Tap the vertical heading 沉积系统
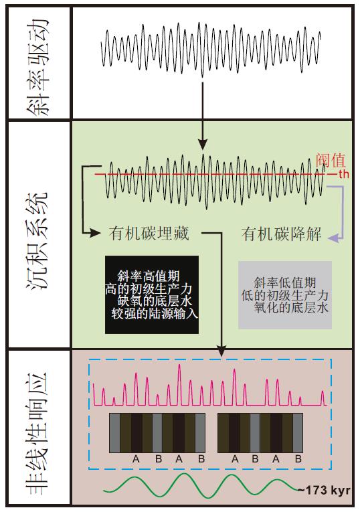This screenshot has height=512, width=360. coord(39,240)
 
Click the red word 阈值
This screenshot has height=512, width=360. coord(331,161)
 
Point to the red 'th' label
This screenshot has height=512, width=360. coord(343,174)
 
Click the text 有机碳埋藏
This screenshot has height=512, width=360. coord(149,234)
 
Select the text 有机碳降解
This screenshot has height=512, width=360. coord(281,234)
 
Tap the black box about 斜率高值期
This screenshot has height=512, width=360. coord(152,294)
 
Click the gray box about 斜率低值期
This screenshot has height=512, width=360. coord(285,295)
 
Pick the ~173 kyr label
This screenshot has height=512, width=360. coord(325,490)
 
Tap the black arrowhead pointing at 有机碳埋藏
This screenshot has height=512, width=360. coord(95,233)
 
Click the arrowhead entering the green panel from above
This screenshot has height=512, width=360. coord(203,145)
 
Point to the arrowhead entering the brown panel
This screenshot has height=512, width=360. coord(221,351)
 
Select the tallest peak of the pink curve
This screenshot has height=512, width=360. coord(179,365)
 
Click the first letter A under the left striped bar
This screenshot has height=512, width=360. coord(136,458)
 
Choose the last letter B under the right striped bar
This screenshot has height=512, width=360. coord(298,458)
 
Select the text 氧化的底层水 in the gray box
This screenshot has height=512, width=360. coord(291,307)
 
